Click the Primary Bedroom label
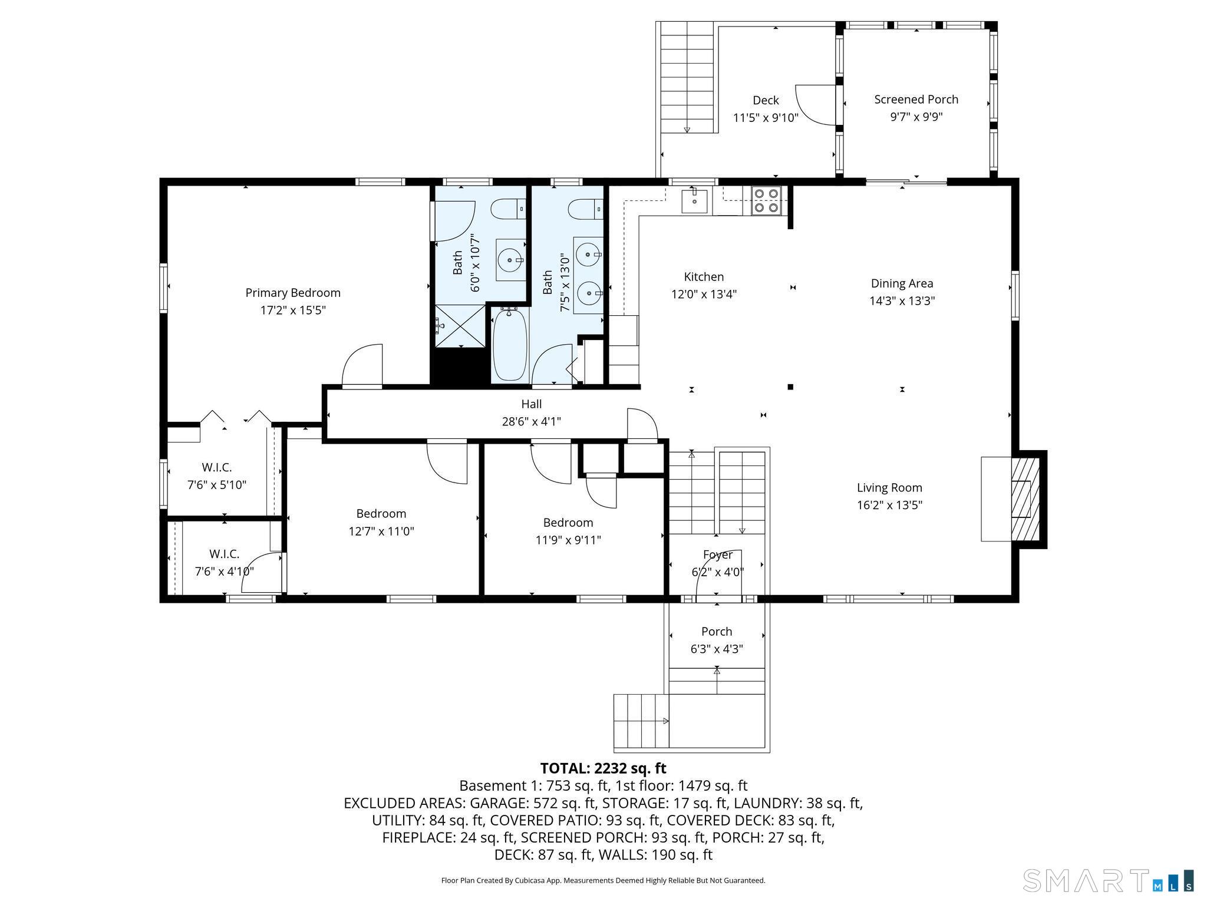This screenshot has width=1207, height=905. point(293,293)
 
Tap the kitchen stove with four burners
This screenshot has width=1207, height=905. point(766,200)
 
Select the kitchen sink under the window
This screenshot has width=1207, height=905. point(695,200)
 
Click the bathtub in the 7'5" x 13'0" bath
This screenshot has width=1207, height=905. point(510,346)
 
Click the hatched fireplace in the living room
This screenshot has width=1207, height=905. point(1025,499)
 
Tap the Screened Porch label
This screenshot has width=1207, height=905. point(916,100)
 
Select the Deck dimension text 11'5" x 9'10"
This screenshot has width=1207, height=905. point(766,117)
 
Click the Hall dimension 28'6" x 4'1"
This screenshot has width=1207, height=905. point(531,421)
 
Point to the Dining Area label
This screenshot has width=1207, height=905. point(902,283)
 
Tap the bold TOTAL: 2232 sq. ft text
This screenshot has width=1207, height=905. point(603,768)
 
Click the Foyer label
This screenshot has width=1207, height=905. point(717,554)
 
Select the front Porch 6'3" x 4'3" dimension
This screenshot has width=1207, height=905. point(717,649)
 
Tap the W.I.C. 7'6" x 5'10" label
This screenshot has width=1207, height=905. point(216,476)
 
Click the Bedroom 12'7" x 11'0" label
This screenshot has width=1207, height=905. point(381,522)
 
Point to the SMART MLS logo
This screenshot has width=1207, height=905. point(1108,880)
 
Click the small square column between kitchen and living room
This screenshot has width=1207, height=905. point(790,387)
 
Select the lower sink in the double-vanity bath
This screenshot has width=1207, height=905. point(589,292)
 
